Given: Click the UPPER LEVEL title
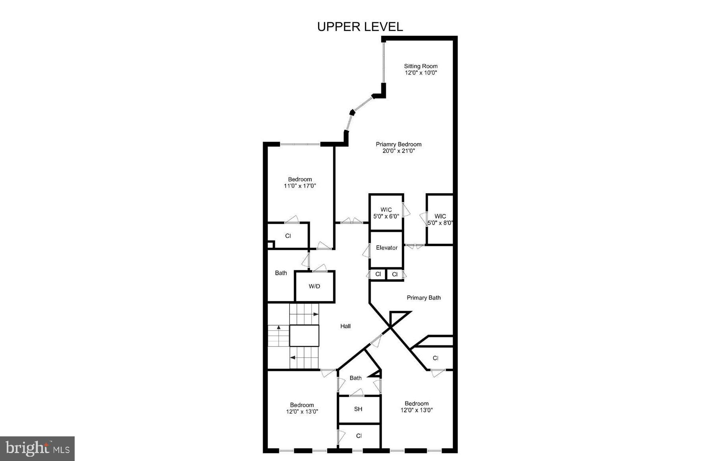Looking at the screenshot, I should pyautogui.click(x=360, y=27).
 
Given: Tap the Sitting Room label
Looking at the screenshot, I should pyautogui.click(x=421, y=66).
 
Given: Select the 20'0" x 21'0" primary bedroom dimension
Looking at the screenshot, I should pyautogui.click(x=398, y=151).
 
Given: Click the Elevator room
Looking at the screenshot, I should pyautogui.click(x=386, y=248).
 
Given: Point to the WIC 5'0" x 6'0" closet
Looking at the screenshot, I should pyautogui.click(x=386, y=213).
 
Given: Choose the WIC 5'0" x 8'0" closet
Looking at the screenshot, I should pyautogui.click(x=440, y=219).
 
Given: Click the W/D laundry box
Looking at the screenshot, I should pyautogui.click(x=315, y=286).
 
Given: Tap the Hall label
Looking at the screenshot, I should pyautogui.click(x=345, y=326).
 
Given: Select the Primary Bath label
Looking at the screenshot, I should pyautogui.click(x=423, y=298).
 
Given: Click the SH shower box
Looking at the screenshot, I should pyautogui.click(x=358, y=409).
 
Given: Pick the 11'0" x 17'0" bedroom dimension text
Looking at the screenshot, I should pyautogui.click(x=300, y=186).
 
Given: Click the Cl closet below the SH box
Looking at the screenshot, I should pyautogui.click(x=359, y=436).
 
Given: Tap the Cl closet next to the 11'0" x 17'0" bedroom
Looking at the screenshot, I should pyautogui.click(x=288, y=236).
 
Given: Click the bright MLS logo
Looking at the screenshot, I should pyautogui.click(x=37, y=449).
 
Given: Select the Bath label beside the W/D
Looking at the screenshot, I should pyautogui.click(x=281, y=273).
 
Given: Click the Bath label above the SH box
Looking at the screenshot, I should pyautogui.click(x=355, y=378).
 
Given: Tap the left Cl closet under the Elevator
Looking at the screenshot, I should pyautogui.click(x=378, y=274).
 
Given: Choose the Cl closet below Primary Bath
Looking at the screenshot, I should pyautogui.click(x=435, y=358).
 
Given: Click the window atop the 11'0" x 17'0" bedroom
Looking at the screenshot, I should pyautogui.click(x=300, y=144).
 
